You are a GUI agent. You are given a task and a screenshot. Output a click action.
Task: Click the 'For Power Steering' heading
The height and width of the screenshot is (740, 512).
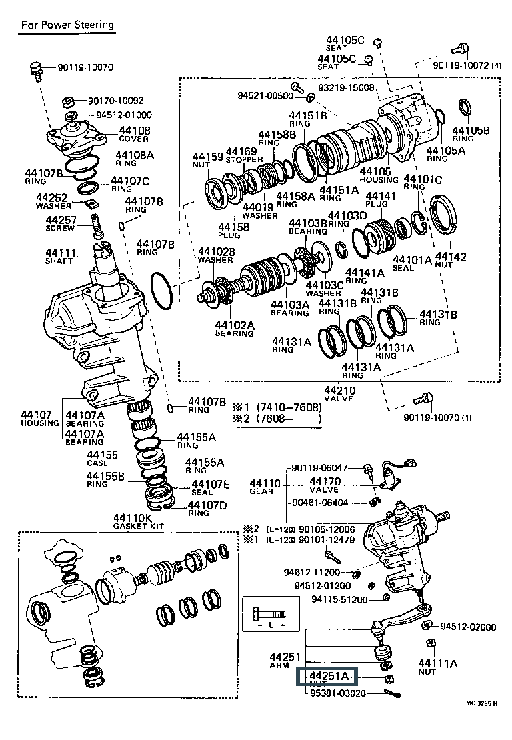coord(67,25)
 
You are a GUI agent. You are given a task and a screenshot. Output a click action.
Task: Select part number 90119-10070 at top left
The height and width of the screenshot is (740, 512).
coord(85,67)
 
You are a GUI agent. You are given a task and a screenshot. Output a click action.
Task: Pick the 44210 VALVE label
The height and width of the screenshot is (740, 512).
coord(339,394)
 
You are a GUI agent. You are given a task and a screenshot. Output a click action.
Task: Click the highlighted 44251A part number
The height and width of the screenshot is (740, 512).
coord(327,677)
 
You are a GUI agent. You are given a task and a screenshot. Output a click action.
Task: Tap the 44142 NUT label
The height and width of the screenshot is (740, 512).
coord(451,261)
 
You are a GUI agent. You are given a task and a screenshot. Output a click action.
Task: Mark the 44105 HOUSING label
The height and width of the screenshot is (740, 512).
coord(379,175)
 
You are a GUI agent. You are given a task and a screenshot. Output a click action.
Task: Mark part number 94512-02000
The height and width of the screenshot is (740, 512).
coord(468,627)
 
